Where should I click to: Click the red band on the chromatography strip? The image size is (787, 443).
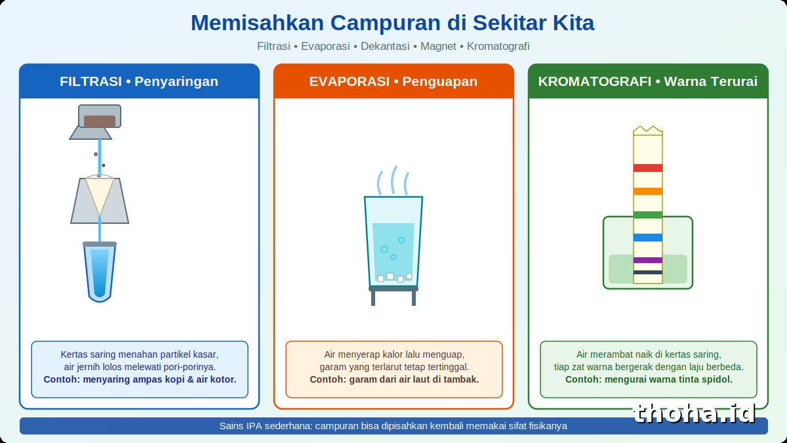(648, 168)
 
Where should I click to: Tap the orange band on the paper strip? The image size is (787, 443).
(648, 191)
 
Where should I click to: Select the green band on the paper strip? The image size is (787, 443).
(648, 215)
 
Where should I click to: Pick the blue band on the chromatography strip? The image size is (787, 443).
(648, 238)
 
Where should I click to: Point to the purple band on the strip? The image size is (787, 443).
(648, 260)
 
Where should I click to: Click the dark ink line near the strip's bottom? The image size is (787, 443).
(648, 272)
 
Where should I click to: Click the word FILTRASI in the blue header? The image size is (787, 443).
(91, 81)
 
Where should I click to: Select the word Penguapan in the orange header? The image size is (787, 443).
(439, 81)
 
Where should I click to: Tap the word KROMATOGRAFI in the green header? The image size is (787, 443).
(594, 81)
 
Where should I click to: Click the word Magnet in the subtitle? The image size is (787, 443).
(438, 46)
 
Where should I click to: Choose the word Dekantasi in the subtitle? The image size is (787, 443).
(385, 46)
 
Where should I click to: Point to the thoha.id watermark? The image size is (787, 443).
(695, 413)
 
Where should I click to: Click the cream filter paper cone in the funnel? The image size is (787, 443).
(100, 194)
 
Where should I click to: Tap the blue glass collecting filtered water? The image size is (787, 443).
(100, 272)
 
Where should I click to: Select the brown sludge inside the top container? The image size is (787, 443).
(100, 121)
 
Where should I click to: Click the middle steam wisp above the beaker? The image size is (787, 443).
(394, 180)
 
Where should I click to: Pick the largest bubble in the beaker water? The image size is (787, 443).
(384, 249)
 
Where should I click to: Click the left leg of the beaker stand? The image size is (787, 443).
(373, 298)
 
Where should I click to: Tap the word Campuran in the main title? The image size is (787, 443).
(386, 23)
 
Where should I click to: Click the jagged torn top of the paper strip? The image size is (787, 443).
(648, 130)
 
